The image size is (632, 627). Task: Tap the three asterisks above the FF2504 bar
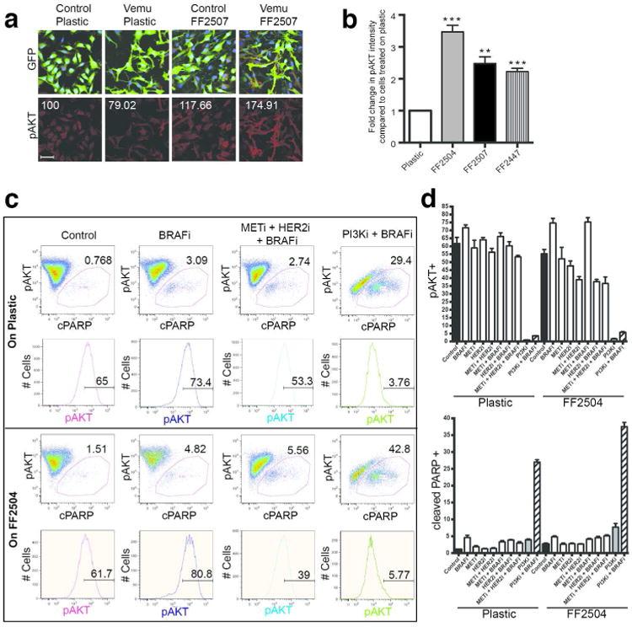(x=477, y=16)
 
